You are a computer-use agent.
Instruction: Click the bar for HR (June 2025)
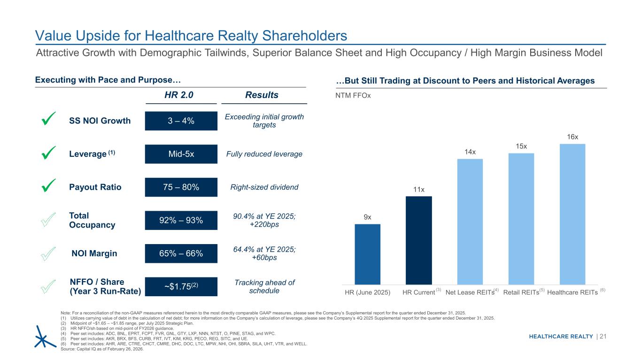click(x=367, y=254)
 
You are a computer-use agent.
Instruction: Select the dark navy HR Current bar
click(x=418, y=240)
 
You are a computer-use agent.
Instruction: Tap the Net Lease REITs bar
click(x=470, y=221)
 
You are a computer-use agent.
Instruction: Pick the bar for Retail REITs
click(x=521, y=218)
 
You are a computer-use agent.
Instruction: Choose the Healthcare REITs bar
click(x=572, y=214)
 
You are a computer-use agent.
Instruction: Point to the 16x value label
click(x=572, y=137)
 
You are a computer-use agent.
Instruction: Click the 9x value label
click(x=367, y=217)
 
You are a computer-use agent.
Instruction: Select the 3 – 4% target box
click(x=181, y=121)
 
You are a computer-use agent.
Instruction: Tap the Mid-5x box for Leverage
click(x=181, y=154)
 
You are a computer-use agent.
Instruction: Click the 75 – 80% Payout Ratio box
click(x=181, y=187)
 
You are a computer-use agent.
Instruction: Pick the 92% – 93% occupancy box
click(x=181, y=220)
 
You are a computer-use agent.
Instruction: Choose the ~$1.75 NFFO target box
click(x=181, y=286)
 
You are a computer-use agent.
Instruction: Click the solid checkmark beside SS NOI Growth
click(x=49, y=120)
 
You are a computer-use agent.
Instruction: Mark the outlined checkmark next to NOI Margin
click(x=49, y=253)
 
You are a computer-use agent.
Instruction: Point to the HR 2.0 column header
click(x=181, y=95)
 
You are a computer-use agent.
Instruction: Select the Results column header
click(x=263, y=95)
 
